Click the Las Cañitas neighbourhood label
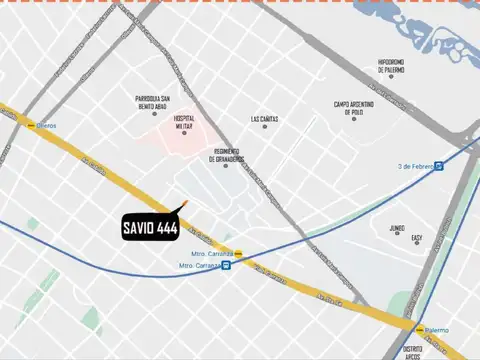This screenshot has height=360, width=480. [265, 120]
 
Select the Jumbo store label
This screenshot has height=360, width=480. [397, 227]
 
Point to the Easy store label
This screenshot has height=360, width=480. [416, 238]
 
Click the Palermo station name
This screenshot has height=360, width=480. [437, 330]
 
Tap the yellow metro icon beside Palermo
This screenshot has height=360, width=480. [420, 329]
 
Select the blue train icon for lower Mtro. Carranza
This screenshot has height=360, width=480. [227, 266]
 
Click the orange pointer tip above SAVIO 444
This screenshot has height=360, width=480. [185, 205]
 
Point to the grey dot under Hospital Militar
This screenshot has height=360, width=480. [184, 133]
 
